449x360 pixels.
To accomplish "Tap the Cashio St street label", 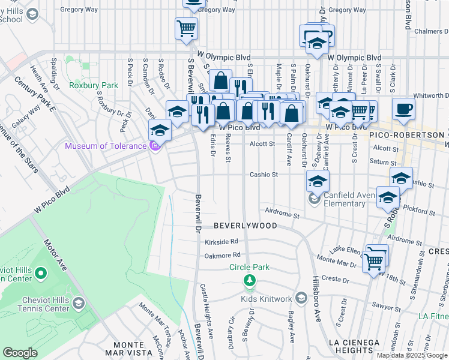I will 265,175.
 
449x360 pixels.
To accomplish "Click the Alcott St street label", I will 262,144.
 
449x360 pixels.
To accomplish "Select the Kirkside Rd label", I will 221,241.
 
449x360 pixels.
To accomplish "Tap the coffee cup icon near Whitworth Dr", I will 404,109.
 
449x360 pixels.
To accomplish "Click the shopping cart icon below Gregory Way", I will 186,28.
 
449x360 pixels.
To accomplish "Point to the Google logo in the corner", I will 20,353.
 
